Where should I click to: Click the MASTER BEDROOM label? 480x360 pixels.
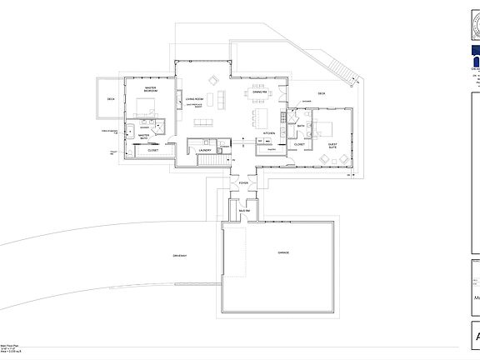pos(151,88)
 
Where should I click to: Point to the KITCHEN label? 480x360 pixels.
pos(269,133)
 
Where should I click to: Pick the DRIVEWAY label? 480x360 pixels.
pos(178,255)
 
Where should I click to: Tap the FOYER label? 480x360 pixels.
pos(244,182)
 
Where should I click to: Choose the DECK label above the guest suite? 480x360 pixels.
pos(321,94)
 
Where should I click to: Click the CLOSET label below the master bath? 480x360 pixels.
pos(152,150)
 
